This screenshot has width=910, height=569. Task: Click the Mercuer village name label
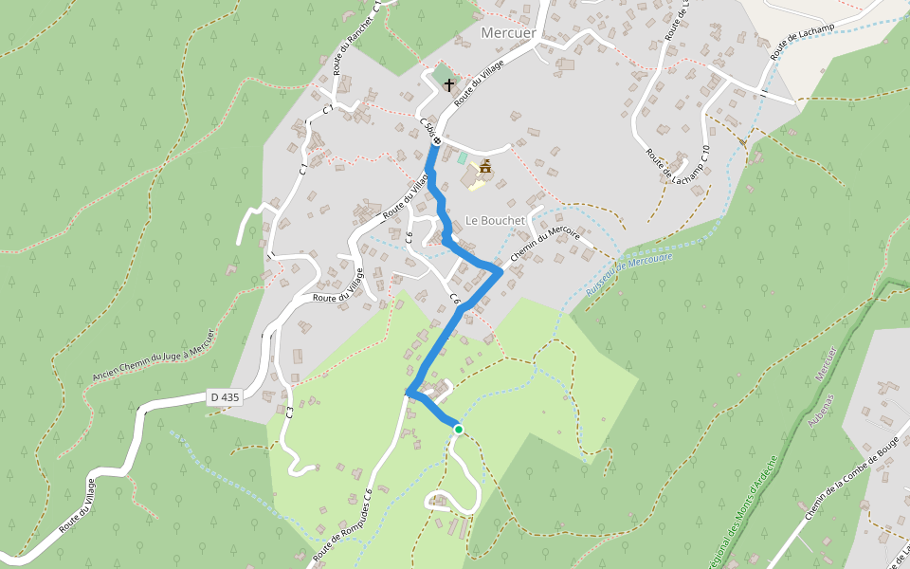[508, 33]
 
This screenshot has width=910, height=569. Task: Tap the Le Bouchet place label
[495, 220]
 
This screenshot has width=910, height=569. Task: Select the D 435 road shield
[225, 397]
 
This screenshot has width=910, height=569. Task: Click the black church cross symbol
[448, 84]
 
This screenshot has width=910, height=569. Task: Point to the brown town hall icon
[485, 168]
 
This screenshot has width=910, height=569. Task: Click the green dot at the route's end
[458, 430]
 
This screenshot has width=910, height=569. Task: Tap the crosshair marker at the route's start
[437, 141]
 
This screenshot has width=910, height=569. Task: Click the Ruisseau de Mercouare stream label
[628, 272]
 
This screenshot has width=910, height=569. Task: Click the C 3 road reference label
[287, 412]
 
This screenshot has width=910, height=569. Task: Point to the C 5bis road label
[427, 127]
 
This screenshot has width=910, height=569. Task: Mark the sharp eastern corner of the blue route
[500, 271]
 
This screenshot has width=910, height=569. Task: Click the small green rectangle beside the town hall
[463, 158]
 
